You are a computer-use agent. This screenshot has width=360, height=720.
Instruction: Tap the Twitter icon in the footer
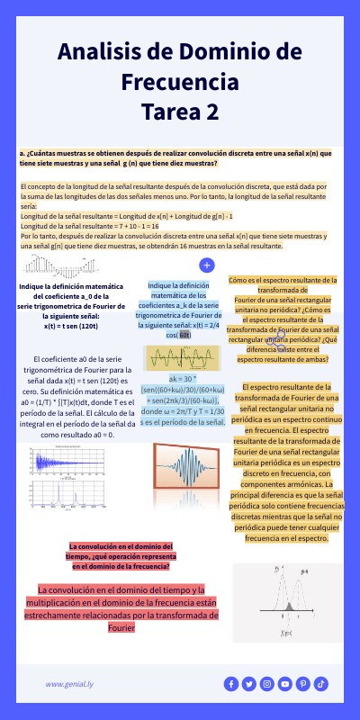tap(248, 684)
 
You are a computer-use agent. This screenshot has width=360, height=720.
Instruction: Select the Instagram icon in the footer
tap(266, 684)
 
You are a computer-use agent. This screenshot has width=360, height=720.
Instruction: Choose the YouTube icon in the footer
tap(285, 684)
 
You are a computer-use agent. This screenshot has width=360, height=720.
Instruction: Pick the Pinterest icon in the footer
tap(303, 684)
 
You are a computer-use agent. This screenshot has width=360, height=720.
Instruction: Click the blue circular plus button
tap(206, 265)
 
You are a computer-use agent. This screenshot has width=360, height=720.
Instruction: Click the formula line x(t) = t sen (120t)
tap(63, 326)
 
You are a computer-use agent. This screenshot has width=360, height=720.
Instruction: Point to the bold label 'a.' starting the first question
tap(22, 154)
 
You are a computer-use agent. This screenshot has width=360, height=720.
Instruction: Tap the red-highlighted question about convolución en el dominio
tap(121, 556)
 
